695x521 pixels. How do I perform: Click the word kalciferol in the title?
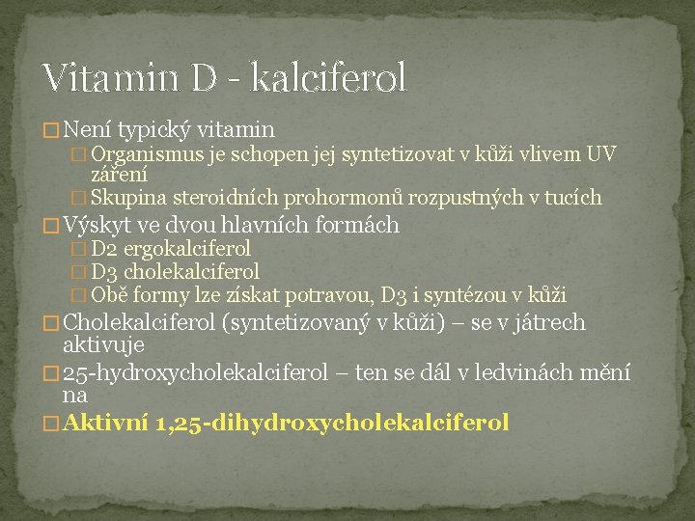[x=328, y=77]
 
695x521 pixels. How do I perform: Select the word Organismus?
[x=149, y=154]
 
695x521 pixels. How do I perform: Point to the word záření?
[x=119, y=175]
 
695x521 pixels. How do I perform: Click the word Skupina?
[x=128, y=199]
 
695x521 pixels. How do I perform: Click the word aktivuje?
[x=102, y=344]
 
